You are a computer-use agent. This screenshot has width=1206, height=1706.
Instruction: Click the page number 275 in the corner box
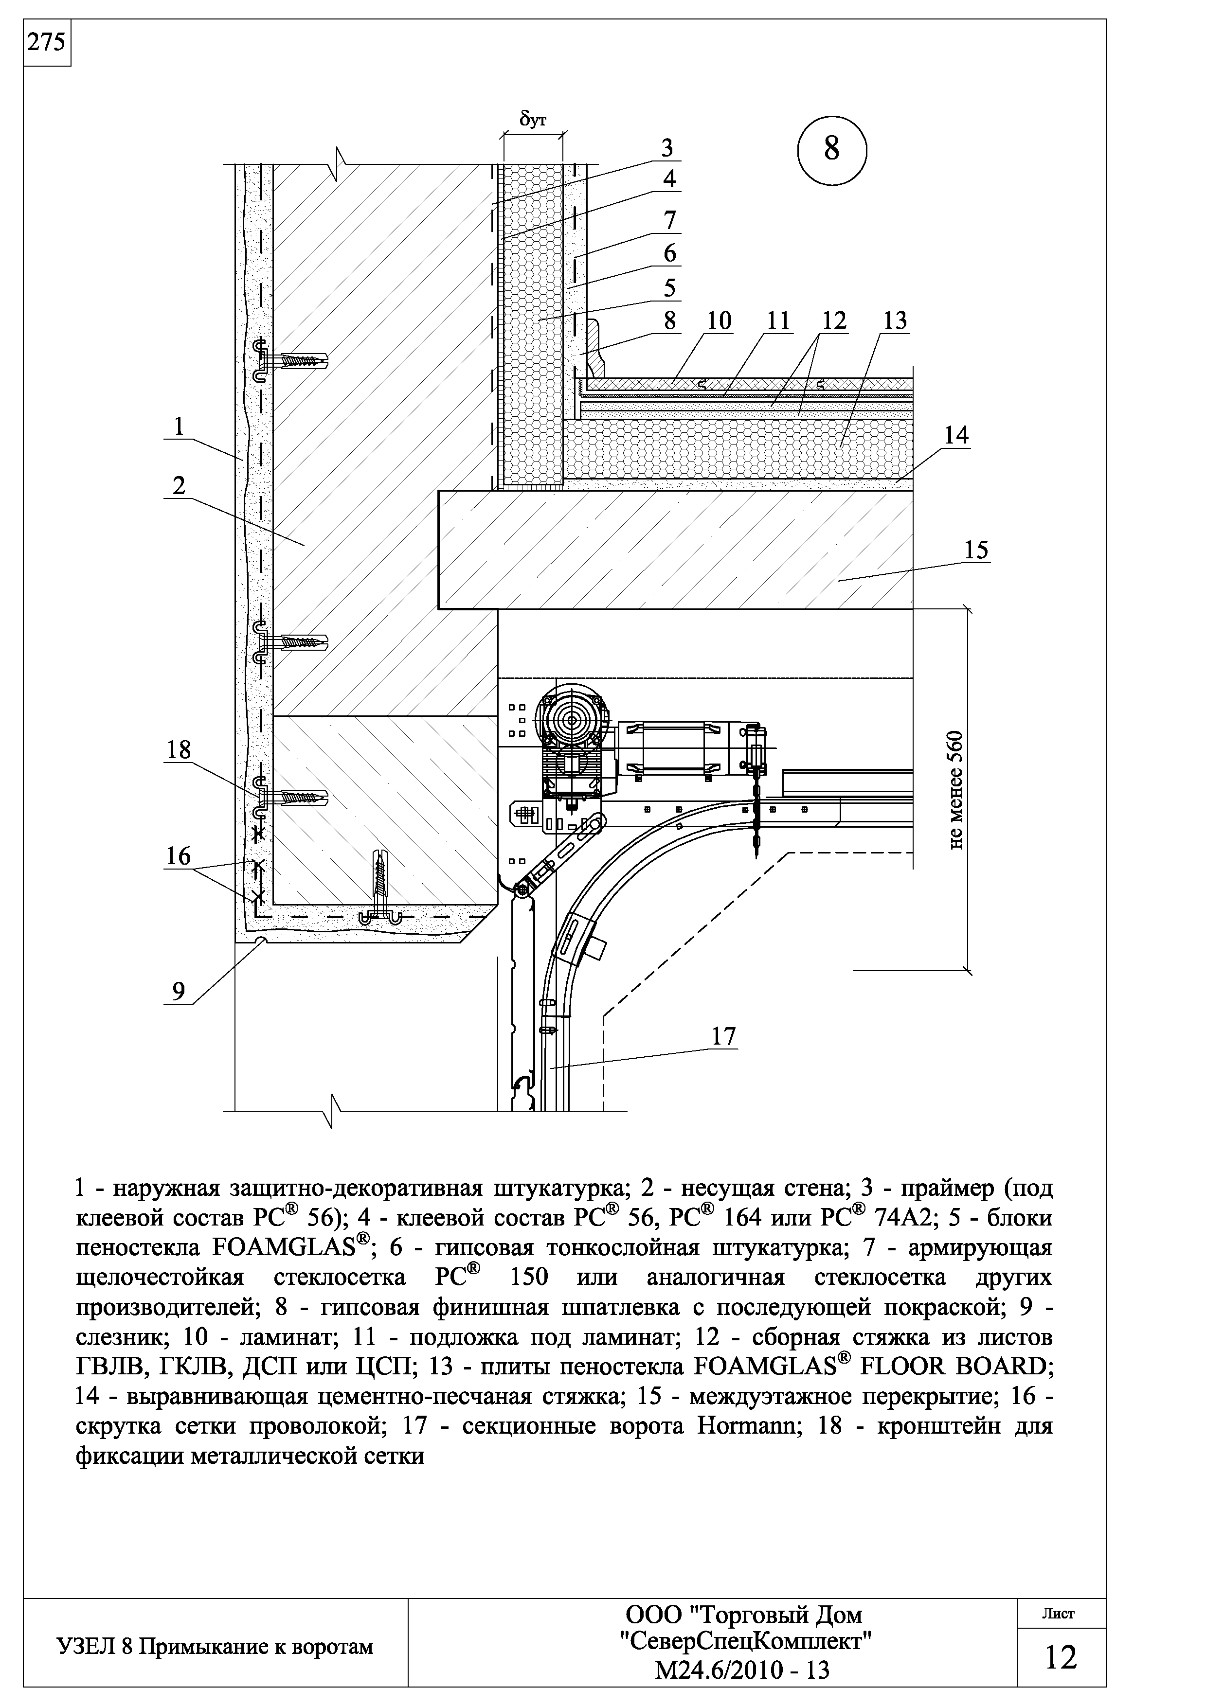(46, 43)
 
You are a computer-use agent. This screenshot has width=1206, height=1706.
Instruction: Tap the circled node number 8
(831, 149)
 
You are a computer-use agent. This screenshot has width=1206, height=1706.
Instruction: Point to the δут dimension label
(532, 120)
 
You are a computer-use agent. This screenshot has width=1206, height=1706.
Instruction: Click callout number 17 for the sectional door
(723, 1036)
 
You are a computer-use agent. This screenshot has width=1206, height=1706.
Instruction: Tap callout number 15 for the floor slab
(976, 551)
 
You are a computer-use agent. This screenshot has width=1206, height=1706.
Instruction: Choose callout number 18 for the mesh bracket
(179, 750)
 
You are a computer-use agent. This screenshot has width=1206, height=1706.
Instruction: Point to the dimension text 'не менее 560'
(956, 789)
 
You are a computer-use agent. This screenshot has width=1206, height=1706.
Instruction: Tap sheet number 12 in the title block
(1061, 1656)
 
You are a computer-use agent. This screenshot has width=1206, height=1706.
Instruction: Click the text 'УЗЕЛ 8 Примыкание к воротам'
(215, 1647)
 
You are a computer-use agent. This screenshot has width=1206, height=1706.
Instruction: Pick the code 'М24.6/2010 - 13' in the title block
(741, 1670)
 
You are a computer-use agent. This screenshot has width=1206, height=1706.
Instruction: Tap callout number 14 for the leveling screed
(956, 436)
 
